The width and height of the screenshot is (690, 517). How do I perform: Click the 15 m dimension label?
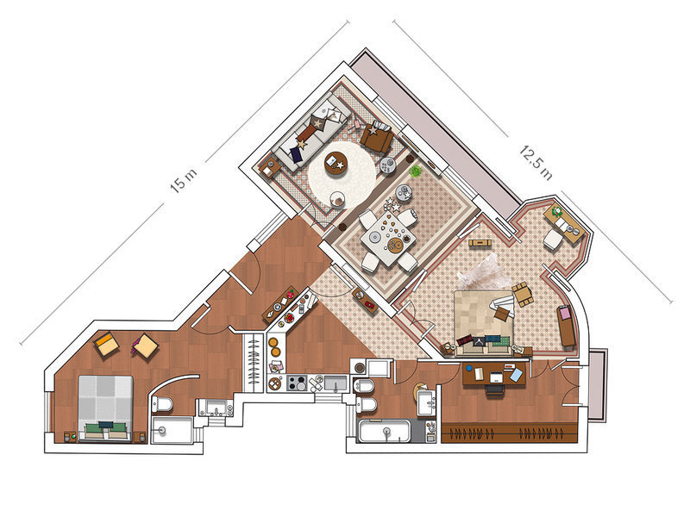[x=184, y=179]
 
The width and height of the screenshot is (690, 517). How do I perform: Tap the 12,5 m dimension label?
[x=536, y=163]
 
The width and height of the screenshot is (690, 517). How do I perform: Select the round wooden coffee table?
[x=336, y=163]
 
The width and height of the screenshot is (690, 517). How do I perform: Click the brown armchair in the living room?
[x=377, y=136]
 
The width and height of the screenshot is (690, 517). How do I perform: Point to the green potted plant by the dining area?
[x=415, y=171]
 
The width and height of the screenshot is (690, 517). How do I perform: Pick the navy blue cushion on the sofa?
[x=296, y=154]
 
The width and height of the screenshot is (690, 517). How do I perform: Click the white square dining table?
[x=388, y=238]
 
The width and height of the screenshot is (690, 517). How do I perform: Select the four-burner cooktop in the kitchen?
[x=297, y=383]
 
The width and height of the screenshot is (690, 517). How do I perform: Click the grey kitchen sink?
[x=336, y=383]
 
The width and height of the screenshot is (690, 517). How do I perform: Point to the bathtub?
[x=385, y=431]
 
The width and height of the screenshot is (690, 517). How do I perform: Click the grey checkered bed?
[x=105, y=408]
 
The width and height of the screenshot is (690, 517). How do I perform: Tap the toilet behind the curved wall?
[x=162, y=403]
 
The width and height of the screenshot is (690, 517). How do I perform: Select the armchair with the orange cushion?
[x=106, y=344]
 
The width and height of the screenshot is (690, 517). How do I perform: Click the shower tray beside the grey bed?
[x=172, y=430]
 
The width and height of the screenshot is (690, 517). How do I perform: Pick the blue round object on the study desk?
[x=469, y=368]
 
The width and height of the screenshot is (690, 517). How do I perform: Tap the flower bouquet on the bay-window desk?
[x=557, y=212]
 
